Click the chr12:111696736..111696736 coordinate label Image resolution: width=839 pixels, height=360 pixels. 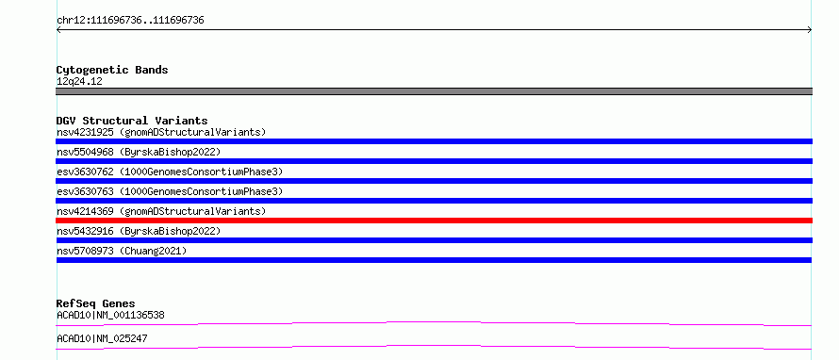(x=130, y=21)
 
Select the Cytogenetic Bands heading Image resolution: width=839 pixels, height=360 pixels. (x=112, y=70)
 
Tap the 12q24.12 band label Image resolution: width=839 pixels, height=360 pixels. (x=79, y=82)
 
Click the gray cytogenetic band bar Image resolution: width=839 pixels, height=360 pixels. (x=434, y=91)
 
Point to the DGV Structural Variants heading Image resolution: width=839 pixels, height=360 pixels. (x=132, y=121)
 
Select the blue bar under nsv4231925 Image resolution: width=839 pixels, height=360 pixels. (x=434, y=141)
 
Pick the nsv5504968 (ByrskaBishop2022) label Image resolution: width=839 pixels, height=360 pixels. (x=139, y=152)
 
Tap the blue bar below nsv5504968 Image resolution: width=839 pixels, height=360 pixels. (x=434, y=161)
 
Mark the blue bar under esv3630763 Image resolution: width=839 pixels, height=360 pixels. (x=434, y=201)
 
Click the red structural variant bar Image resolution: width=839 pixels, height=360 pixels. (x=434, y=221)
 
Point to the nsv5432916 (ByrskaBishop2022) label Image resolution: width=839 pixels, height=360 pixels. (x=139, y=231)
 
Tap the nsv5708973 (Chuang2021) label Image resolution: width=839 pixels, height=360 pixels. (x=122, y=251)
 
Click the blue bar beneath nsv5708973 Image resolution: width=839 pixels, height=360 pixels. (x=434, y=260)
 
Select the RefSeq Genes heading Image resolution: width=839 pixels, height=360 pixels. (x=96, y=303)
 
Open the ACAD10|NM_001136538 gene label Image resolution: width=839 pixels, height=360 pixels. (x=110, y=315)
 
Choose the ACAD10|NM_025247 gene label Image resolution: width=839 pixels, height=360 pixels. (x=102, y=338)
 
